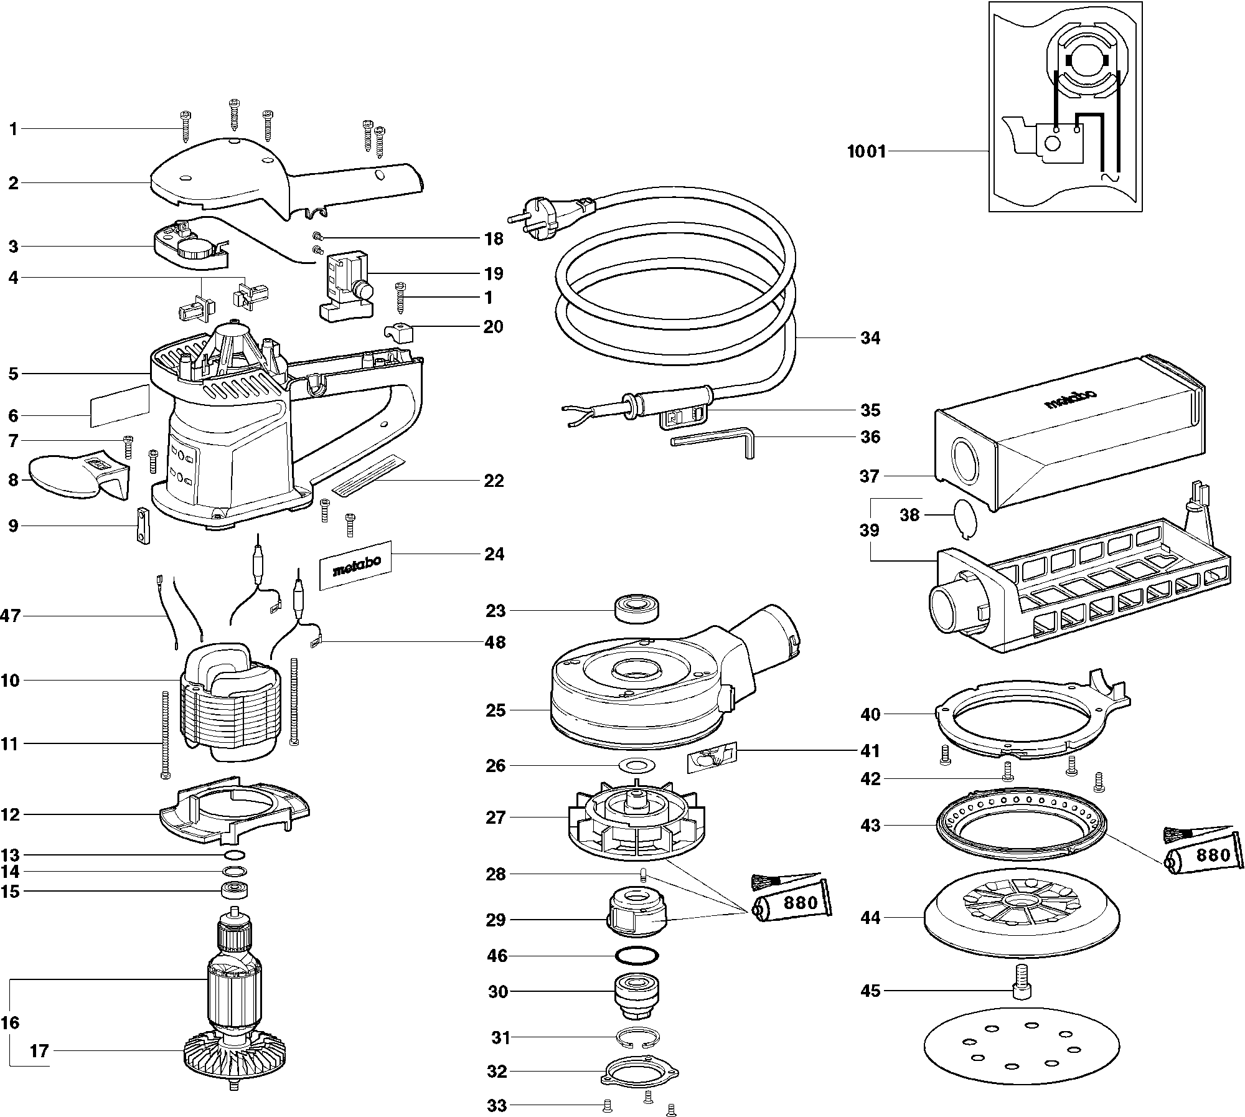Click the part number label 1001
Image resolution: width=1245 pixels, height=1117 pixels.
point(867,151)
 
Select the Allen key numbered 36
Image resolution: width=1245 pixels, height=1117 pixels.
point(716,443)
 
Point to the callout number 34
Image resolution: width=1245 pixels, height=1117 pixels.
point(870,338)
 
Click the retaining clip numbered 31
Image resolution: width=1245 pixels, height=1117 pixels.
point(637,1037)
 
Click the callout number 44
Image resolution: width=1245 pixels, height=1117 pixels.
point(870,917)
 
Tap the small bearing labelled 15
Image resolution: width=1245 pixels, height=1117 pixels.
point(235,890)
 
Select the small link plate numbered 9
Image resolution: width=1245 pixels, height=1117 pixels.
point(143,525)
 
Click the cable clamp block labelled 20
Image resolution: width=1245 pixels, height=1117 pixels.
point(399,333)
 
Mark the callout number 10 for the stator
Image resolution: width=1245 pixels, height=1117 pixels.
point(10,681)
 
